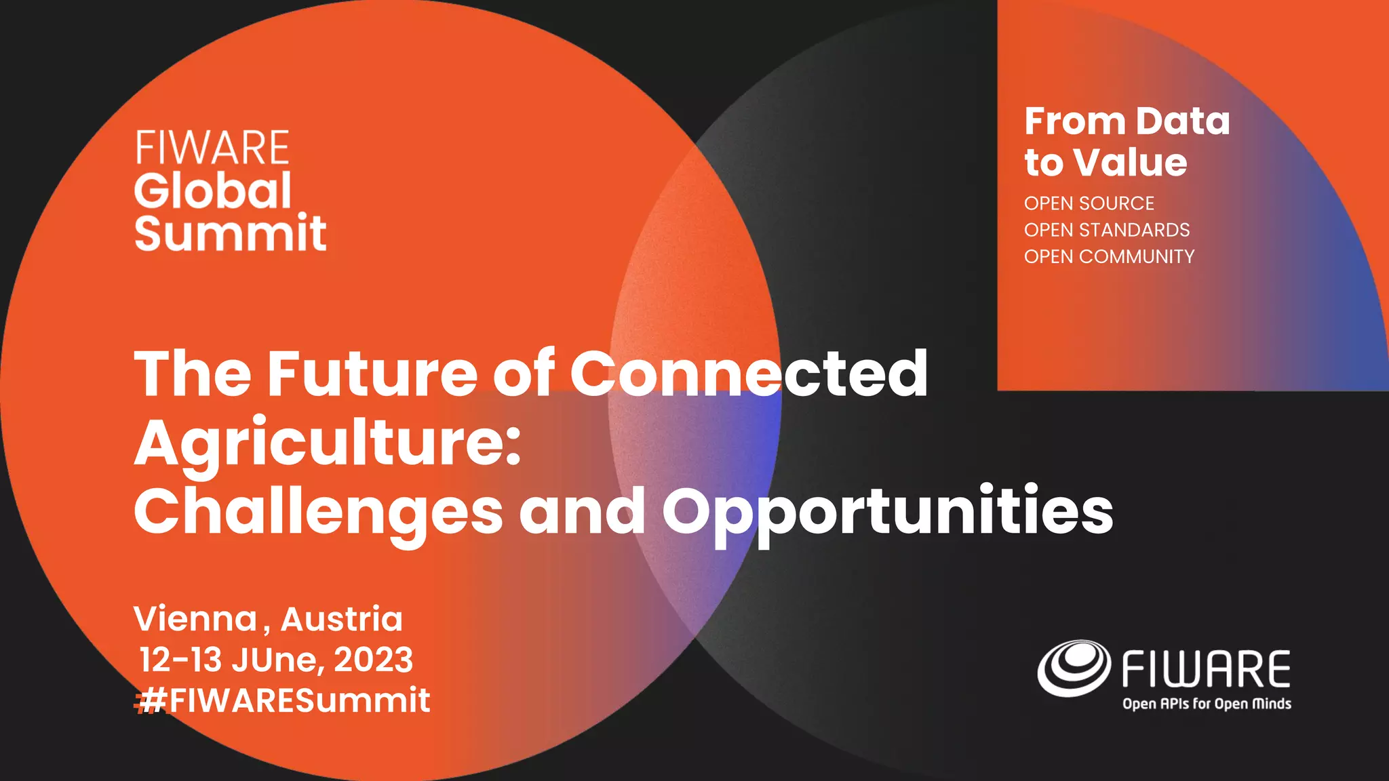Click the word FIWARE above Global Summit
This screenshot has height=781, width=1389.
coord(212,148)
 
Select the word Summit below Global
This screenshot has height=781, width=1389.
coord(231,233)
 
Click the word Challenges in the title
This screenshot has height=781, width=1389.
coord(318,513)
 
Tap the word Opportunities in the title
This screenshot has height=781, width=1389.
coord(887,513)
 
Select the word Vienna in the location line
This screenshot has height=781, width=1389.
coord(195,619)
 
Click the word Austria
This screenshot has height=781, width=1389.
coord(342,619)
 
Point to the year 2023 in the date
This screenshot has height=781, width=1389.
coord(373,660)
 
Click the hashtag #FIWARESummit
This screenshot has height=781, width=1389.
coord(282,700)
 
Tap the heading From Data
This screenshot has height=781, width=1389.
coord(1127,121)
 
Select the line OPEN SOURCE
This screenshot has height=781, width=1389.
coord(1089,203)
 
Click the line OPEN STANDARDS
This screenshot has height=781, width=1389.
coord(1106,230)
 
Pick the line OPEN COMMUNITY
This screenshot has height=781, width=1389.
coord(1109,256)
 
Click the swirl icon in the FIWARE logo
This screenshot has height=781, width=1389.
coord(1074,668)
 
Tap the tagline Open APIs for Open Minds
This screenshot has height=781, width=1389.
coord(1207,704)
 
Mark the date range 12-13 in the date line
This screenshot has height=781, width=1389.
coord(180,660)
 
